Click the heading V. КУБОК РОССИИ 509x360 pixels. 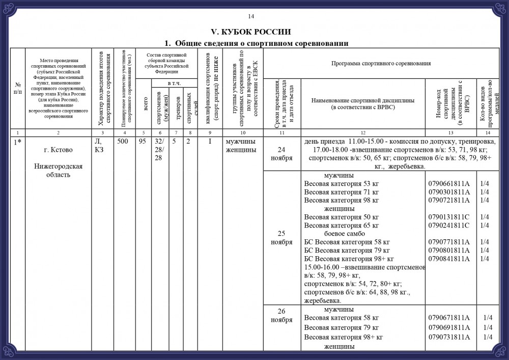click(254, 32)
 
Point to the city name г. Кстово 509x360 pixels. click(58, 150)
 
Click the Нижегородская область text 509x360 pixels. click(58, 171)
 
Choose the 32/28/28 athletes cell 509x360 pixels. click(159, 150)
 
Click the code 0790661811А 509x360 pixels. click(449, 183)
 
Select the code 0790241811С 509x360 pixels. click(449, 225)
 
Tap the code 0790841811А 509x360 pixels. click(449, 259)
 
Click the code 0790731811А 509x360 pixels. click(449, 337)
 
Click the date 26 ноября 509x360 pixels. click(281, 315)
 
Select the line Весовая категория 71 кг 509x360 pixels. click(341, 191)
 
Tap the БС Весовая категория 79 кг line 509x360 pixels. click(347, 250)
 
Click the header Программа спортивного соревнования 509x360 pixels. click(381, 64)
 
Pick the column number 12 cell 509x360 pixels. click(362, 132)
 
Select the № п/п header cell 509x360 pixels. click(18, 88)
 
